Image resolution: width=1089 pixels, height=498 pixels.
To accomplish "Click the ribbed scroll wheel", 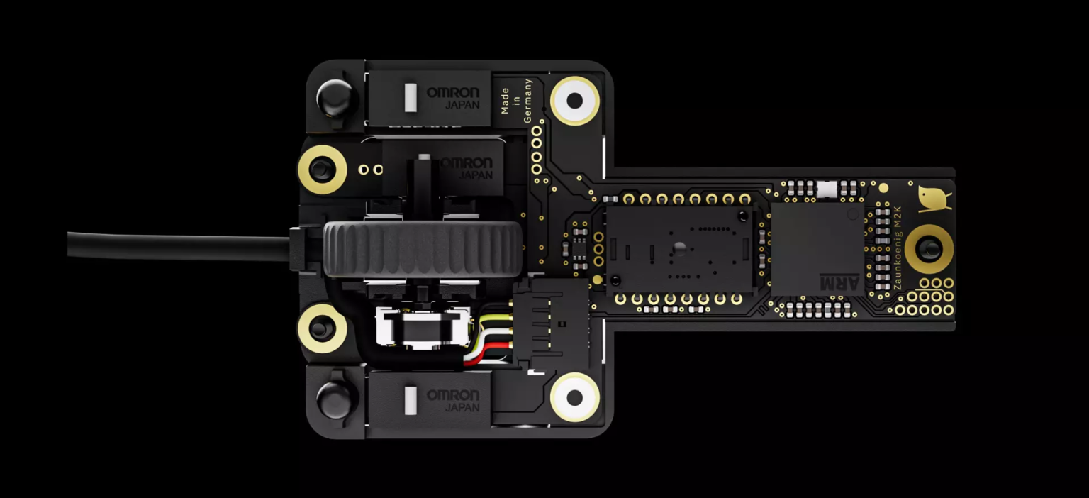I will [x=423, y=249].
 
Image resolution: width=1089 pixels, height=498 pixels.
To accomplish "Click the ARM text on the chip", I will [x=839, y=282].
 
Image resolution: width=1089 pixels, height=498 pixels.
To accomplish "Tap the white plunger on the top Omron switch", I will [x=409, y=98].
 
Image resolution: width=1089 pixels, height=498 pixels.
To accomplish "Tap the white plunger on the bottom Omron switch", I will [x=409, y=401].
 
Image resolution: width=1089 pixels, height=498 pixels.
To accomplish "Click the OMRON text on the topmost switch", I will [x=452, y=92].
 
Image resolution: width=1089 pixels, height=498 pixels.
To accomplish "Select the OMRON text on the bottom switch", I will [x=452, y=395].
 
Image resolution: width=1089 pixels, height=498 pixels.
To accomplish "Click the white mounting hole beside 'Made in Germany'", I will [x=574, y=101].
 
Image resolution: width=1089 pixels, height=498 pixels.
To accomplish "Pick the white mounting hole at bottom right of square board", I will [x=574, y=397].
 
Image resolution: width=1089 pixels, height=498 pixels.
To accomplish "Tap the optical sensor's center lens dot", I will [x=678, y=248].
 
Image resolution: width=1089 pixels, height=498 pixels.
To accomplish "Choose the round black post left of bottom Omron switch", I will [x=334, y=399].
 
